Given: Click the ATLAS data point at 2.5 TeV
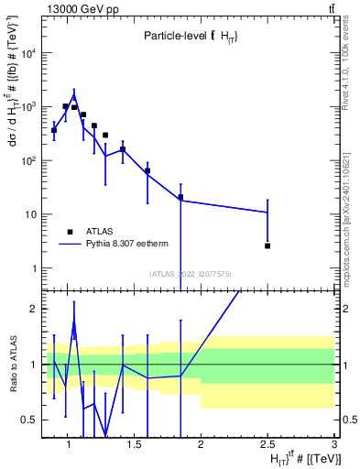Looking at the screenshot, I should [267, 245].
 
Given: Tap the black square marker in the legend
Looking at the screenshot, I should [70, 232].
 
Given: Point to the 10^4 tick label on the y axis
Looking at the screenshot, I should [27, 53].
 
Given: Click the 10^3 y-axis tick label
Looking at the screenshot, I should [27, 107].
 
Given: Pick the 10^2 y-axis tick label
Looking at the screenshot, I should [27, 161].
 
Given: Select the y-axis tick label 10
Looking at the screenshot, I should [30, 215].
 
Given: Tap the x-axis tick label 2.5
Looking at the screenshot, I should [267, 444].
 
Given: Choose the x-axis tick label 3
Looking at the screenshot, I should [333, 444].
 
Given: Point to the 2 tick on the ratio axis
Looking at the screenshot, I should [33, 309].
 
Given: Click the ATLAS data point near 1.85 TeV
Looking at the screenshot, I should [180, 197].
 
